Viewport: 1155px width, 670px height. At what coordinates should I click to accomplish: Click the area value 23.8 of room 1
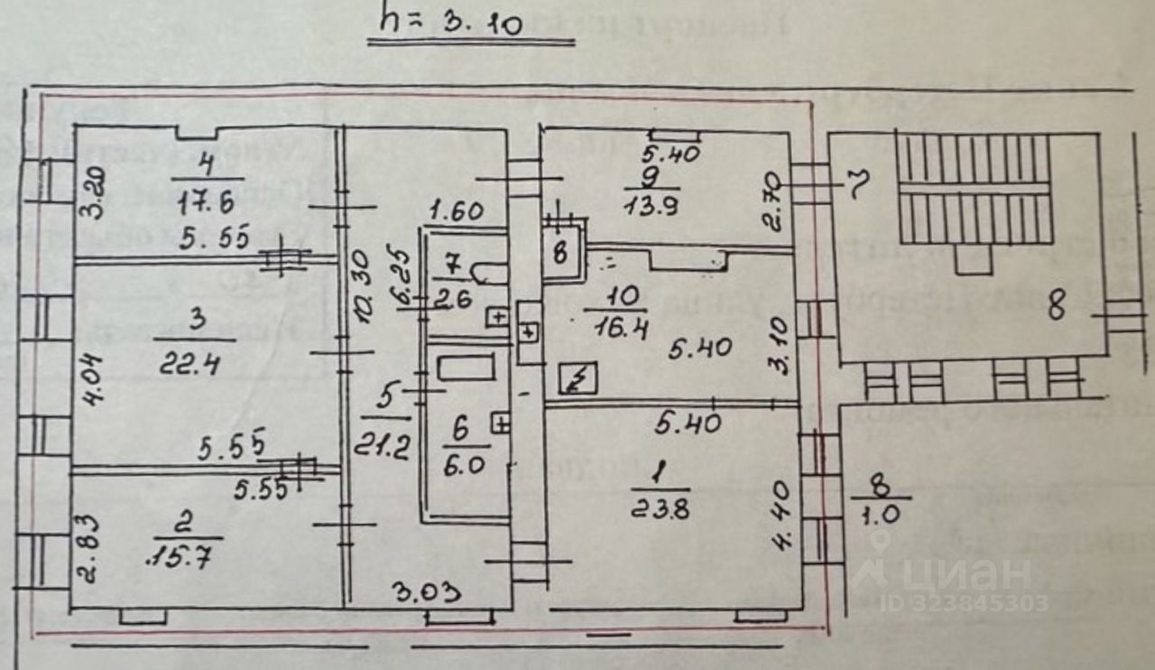coord(662,509)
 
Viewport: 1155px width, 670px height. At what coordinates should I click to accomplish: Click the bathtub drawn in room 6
coord(465,368)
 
